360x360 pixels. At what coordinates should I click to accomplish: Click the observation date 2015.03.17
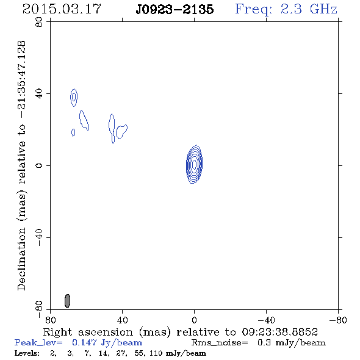coord(62,9)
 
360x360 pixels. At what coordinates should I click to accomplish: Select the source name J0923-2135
coord(175,10)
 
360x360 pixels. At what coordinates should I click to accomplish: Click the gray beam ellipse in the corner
coord(67,301)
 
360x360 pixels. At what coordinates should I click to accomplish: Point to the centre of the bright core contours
coord(194,164)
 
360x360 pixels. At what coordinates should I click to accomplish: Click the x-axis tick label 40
coord(122,320)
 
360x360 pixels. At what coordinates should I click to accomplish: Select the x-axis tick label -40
coord(266,320)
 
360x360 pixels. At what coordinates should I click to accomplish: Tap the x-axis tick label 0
coord(194,320)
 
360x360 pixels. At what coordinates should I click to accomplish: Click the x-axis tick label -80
coord(338,320)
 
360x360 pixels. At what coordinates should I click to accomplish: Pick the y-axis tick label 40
coord(39,94)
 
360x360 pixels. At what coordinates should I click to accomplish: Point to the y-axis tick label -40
coord(39,237)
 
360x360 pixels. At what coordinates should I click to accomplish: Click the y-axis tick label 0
coord(39,165)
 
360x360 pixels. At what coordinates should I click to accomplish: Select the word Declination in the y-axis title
coord(21,259)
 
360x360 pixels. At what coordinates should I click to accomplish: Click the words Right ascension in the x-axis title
coord(88,332)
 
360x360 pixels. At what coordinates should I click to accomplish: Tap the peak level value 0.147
coord(84,342)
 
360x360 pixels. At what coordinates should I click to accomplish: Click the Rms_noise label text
coord(220,343)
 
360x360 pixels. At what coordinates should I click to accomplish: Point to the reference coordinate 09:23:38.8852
coord(279,332)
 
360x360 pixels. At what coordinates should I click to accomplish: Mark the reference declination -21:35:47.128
coord(21,80)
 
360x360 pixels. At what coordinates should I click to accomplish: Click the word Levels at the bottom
coord(27,353)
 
